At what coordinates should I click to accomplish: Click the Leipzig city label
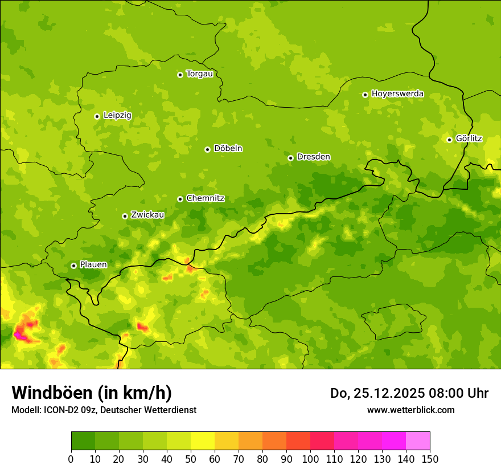click(117, 116)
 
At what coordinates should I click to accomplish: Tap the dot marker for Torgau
click(180, 75)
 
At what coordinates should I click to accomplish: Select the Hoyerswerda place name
click(397, 94)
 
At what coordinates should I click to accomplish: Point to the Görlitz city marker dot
click(449, 140)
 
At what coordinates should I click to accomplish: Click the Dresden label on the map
click(313, 157)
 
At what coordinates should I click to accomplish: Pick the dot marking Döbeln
click(207, 149)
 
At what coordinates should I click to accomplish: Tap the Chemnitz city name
click(205, 199)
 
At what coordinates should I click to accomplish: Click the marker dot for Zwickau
click(125, 216)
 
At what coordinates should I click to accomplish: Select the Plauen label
click(93, 265)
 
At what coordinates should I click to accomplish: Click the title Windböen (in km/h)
click(92, 393)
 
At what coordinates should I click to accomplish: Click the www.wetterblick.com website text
click(410, 410)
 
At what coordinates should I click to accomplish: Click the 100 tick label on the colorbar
click(310, 459)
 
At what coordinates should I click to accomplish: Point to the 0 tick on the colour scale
click(71, 459)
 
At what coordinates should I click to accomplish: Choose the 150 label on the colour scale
click(430, 459)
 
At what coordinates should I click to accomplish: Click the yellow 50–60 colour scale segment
click(203, 441)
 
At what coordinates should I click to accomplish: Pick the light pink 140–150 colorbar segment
click(418, 441)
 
